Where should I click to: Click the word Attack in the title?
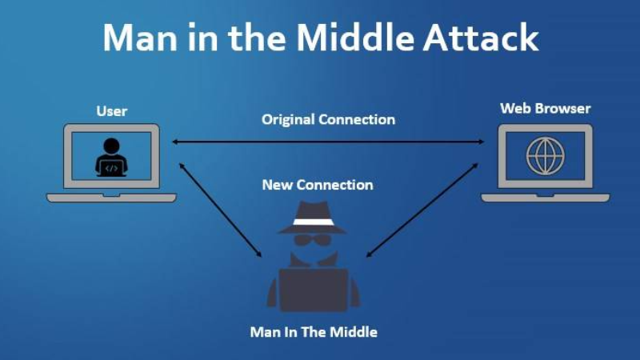point(481,38)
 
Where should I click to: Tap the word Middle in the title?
point(354,37)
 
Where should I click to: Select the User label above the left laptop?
point(112,111)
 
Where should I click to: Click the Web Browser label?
point(546,109)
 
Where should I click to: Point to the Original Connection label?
point(328,119)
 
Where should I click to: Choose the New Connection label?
point(318,185)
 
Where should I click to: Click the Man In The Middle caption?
point(314,332)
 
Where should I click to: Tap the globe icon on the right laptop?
point(546,156)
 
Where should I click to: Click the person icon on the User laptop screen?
point(111,158)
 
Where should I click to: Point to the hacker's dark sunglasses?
point(313,240)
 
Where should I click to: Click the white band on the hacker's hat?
point(313,222)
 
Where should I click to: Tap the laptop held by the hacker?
point(314,290)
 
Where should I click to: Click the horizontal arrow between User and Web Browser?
point(328,142)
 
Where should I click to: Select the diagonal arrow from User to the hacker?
point(221,210)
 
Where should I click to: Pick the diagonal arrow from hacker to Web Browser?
point(422,210)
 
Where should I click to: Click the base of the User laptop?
point(111,198)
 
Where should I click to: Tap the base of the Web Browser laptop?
point(546,198)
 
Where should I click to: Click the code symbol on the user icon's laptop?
point(111,168)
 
